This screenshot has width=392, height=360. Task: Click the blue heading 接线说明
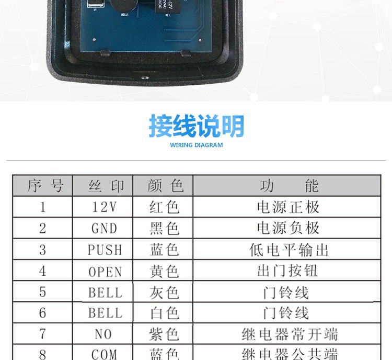196,127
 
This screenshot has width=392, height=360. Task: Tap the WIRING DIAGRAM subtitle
196,145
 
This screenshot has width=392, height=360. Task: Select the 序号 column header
43,186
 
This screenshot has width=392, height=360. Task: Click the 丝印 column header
105,186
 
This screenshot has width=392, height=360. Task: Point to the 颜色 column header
164,186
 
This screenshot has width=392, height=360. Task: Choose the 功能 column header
288,186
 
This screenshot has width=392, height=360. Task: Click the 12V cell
105,207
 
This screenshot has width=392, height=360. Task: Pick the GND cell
105,229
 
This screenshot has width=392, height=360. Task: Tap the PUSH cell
105,250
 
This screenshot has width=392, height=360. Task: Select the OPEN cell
105,272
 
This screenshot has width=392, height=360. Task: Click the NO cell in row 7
105,334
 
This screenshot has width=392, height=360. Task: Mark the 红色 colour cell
164,207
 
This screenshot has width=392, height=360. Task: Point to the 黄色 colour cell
164,272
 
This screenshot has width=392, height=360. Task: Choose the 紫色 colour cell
164,334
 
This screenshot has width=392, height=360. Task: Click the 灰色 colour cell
164,292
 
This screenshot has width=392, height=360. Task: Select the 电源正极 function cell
288,207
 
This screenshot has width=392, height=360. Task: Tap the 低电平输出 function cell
288,250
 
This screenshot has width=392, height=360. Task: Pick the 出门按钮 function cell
288,272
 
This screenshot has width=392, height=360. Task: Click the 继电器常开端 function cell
289,334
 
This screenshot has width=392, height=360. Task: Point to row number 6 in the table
43,313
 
